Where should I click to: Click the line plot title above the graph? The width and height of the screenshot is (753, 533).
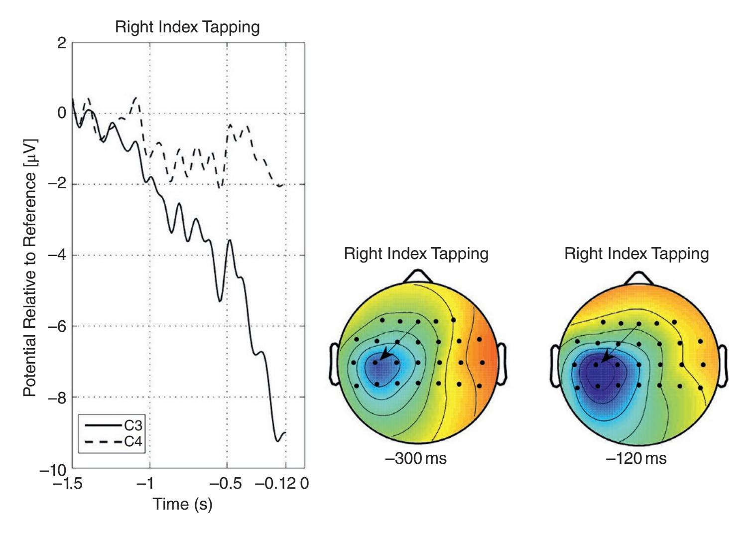187,27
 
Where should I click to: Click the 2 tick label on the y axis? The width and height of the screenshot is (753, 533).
62,43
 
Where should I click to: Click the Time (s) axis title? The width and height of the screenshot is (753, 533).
182,504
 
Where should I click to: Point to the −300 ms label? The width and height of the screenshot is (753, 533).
416,458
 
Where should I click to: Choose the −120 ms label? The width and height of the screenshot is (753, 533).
636,458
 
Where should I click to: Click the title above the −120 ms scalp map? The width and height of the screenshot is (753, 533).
636,254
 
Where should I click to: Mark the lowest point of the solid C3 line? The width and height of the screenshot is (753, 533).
277,441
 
